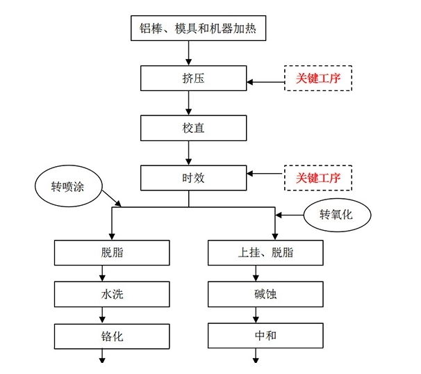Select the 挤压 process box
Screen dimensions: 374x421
pos(189,78)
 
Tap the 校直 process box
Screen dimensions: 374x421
pos(189,128)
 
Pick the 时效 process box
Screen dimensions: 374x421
pos(189,178)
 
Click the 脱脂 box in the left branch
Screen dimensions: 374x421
pos(112,252)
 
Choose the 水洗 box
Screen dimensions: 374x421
pos(112,294)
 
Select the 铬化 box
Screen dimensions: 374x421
pos(112,336)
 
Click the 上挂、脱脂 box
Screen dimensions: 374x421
pos(265,252)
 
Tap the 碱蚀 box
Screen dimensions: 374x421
pos(265,294)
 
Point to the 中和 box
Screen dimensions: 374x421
pos(265,336)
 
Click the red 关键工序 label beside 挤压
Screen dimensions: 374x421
pos(318,79)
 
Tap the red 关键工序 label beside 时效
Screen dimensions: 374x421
pos(318,178)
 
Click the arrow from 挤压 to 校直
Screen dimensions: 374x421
pos(189,103)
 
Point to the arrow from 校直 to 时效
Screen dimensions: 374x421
pos(189,153)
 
